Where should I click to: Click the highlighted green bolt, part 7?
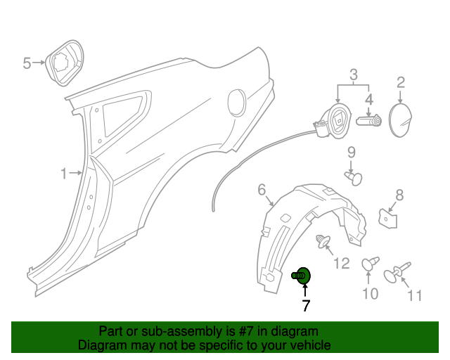tap(302, 276)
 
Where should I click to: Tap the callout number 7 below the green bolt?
tap(306, 306)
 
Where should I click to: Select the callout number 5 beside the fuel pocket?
tap(27, 63)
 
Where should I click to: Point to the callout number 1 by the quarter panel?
tap(64, 174)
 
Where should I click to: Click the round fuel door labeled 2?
tap(400, 120)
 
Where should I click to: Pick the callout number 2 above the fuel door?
tap(401, 82)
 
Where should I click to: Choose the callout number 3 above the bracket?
tap(353, 75)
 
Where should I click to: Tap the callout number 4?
tap(369, 99)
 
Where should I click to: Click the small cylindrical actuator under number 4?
tap(368, 120)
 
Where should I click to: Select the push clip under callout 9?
tap(354, 178)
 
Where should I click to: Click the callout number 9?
tap(352, 153)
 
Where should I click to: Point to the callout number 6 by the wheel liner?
tap(262, 190)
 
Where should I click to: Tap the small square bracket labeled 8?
tap(387, 219)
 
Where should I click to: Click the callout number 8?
tap(399, 195)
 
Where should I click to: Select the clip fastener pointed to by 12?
tap(323, 242)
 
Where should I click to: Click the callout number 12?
tap(342, 263)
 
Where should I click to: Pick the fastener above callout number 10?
tap(370, 264)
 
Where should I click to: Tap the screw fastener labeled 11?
tap(397, 272)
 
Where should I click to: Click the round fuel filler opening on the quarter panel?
tap(237, 103)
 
